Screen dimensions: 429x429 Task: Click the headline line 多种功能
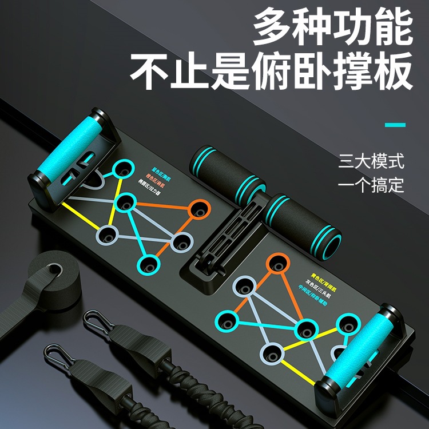(333, 30)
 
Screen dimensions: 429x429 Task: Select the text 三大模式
(371, 161)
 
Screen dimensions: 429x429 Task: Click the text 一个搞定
(371, 185)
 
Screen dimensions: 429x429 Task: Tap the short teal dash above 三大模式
(395, 125)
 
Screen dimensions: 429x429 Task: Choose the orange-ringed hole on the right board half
(277, 264)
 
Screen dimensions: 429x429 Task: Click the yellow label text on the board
(321, 276)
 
